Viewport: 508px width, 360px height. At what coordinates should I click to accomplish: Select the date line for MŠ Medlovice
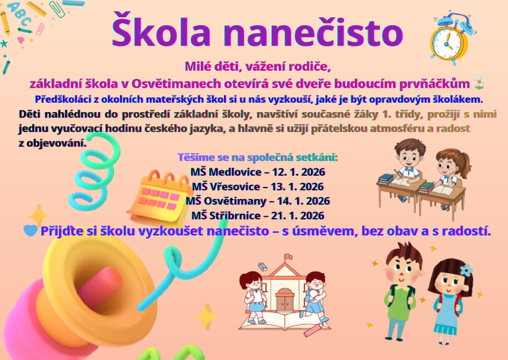click(x=257, y=172)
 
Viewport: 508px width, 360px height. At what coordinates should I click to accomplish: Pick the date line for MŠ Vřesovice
click(x=257, y=186)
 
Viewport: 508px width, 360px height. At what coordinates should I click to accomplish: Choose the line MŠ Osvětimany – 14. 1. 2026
click(x=257, y=201)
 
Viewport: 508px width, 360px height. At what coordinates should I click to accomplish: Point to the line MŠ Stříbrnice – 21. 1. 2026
click(x=257, y=215)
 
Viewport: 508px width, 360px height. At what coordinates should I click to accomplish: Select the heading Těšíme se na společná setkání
click(x=257, y=158)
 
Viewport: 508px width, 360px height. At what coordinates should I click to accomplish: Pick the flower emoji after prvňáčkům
click(x=480, y=84)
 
